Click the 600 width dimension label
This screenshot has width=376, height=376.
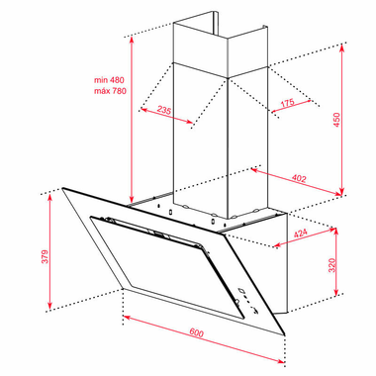197,332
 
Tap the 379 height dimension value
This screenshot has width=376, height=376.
45,256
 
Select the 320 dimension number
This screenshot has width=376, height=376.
331,265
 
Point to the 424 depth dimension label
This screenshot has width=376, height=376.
301,234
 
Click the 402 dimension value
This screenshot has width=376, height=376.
299,178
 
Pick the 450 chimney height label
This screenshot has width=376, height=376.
336,120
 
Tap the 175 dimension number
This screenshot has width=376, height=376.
287,103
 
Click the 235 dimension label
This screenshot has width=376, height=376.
164,110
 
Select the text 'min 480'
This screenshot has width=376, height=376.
109,80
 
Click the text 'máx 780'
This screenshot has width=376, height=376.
110,91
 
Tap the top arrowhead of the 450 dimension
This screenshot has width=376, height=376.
342,48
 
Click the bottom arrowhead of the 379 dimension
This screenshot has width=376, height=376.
49,305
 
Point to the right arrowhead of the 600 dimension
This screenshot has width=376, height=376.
281,361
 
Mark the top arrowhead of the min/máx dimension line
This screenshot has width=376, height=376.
132,41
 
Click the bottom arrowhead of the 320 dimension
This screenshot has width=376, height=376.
336,291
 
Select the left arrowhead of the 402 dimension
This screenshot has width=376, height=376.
254,169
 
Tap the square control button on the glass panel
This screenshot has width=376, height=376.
241,291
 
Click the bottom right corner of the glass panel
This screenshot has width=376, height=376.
284,335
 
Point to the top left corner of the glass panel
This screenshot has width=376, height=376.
62,188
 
